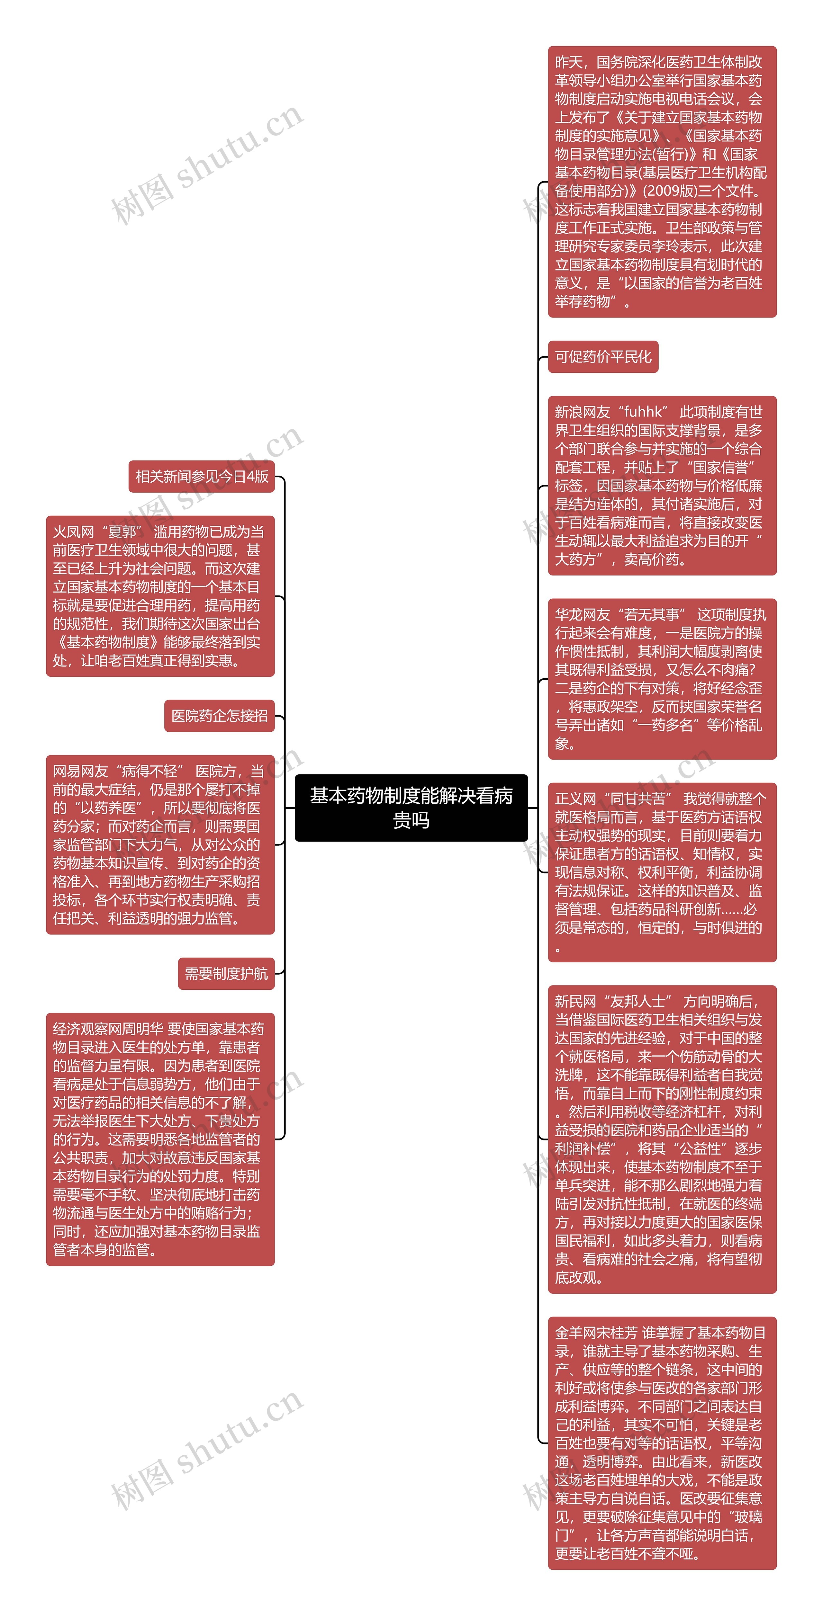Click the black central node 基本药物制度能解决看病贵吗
click(x=411, y=808)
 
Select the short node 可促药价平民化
click(x=603, y=357)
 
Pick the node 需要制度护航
click(x=226, y=974)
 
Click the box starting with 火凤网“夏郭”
click(x=160, y=596)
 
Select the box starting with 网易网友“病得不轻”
click(x=160, y=844)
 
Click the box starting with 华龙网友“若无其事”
click(x=662, y=679)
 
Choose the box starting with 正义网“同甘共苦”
click(x=662, y=872)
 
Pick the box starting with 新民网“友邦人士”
click(x=662, y=1139)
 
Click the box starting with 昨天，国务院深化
click(x=662, y=182)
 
